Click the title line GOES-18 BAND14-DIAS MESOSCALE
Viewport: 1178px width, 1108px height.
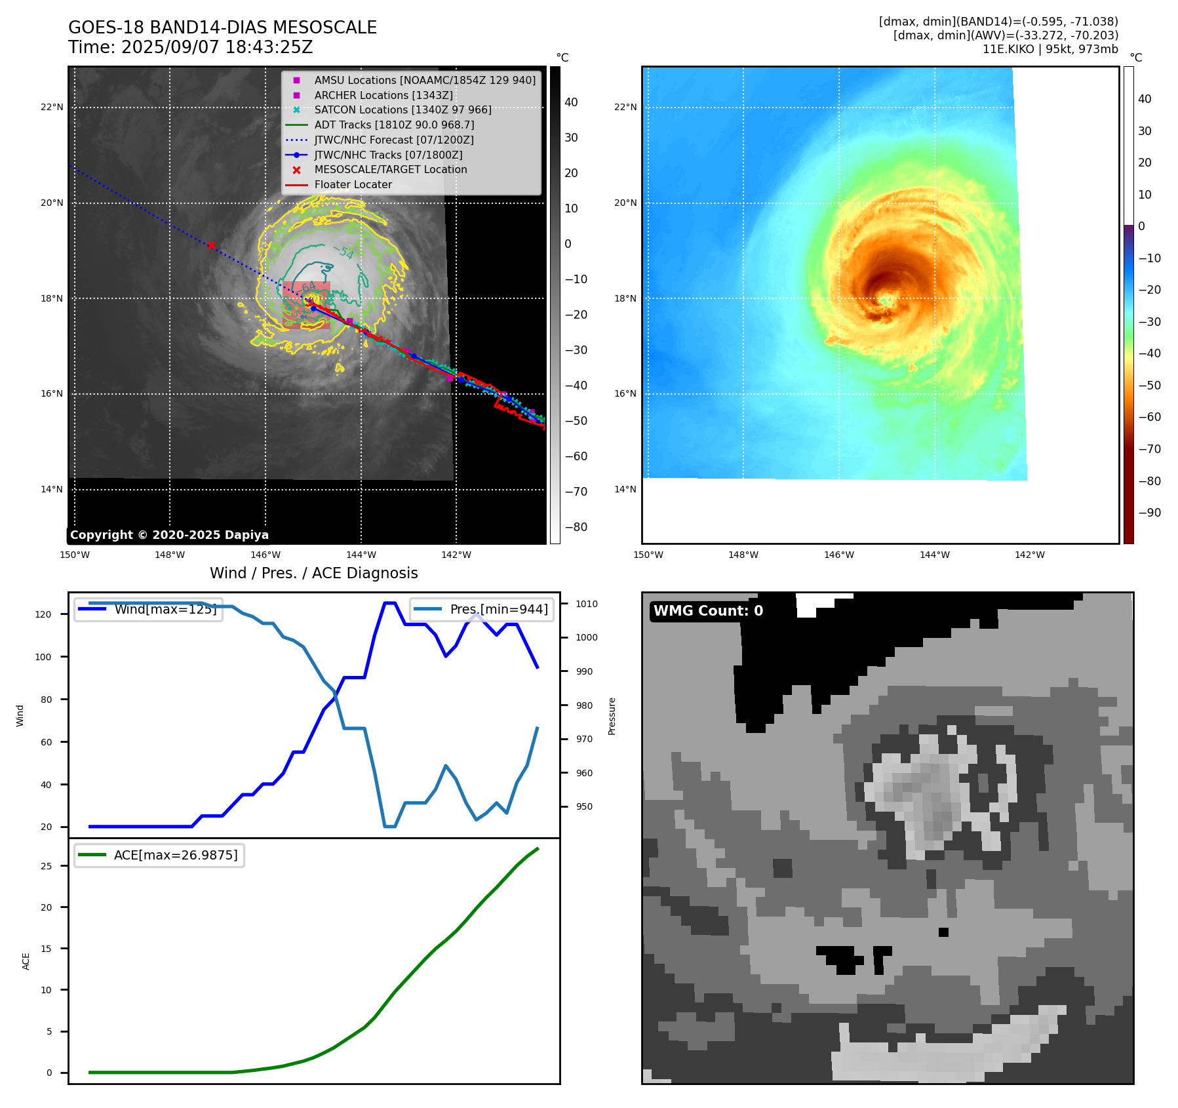tap(222, 28)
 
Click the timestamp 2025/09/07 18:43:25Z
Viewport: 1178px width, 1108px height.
tap(217, 48)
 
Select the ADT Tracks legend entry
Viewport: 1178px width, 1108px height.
tap(394, 125)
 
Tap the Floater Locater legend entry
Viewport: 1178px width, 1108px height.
tap(353, 185)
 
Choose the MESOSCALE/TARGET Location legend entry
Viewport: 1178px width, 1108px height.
tap(390, 170)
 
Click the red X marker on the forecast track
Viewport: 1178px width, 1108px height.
tap(211, 246)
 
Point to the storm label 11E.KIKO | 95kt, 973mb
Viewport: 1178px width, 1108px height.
tap(1050, 49)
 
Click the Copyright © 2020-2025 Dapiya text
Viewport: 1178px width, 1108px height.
tap(169, 535)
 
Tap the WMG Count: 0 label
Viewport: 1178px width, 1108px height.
tap(708, 611)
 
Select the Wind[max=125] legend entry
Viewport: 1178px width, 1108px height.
tap(165, 609)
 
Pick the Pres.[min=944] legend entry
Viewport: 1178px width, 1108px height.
tap(498, 609)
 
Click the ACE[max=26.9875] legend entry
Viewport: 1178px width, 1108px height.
tap(175, 856)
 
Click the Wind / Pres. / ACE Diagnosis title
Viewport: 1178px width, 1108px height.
tap(313, 573)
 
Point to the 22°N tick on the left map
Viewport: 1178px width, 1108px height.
tap(52, 107)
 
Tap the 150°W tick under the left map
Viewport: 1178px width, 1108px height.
tap(74, 555)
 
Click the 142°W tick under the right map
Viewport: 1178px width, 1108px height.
tap(1030, 555)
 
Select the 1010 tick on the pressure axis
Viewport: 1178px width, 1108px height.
tap(587, 604)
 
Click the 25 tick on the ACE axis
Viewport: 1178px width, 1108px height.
tap(47, 866)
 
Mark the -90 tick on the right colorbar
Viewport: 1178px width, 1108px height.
tap(1149, 513)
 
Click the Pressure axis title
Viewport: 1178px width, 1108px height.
tap(612, 716)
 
